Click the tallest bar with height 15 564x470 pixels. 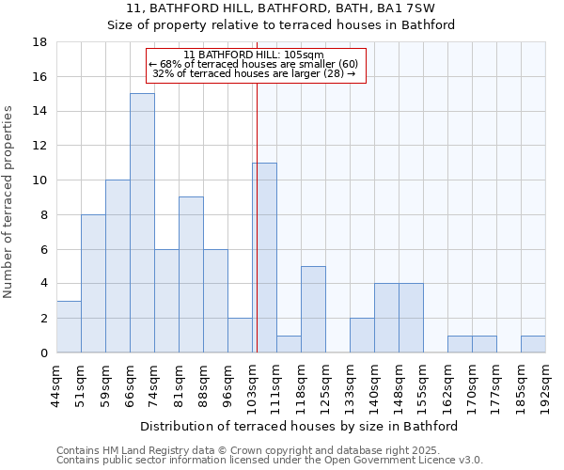click(x=142, y=223)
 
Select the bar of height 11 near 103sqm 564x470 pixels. click(x=264, y=258)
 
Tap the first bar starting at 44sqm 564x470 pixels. click(x=69, y=327)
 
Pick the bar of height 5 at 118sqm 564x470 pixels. click(x=313, y=309)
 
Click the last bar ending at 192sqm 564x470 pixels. click(x=533, y=344)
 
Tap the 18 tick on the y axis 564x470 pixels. click(x=40, y=42)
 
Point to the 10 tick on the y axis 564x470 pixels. click(x=40, y=180)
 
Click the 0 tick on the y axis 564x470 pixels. click(x=44, y=353)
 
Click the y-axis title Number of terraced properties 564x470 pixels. click(x=8, y=202)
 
